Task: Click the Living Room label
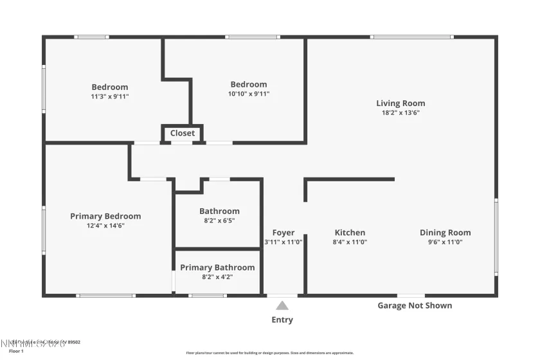[401, 103]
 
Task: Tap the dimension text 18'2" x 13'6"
[401, 113]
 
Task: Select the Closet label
[183, 133]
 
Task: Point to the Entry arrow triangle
[282, 306]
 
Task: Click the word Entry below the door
[282, 319]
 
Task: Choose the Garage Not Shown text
[415, 305]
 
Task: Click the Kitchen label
[350, 233]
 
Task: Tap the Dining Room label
[445, 233]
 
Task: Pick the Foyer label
[283, 233]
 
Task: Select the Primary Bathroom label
[217, 267]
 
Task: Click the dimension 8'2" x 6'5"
[219, 221]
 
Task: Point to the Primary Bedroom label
[105, 216]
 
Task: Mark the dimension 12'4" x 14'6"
[105, 226]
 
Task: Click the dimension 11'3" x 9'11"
[110, 96]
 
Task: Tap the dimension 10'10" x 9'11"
[249, 94]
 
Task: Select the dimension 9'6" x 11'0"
[445, 242]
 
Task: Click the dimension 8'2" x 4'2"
[217, 277]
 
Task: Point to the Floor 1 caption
[16, 352]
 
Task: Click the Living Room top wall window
[412, 37]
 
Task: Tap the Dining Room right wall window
[496, 237]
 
